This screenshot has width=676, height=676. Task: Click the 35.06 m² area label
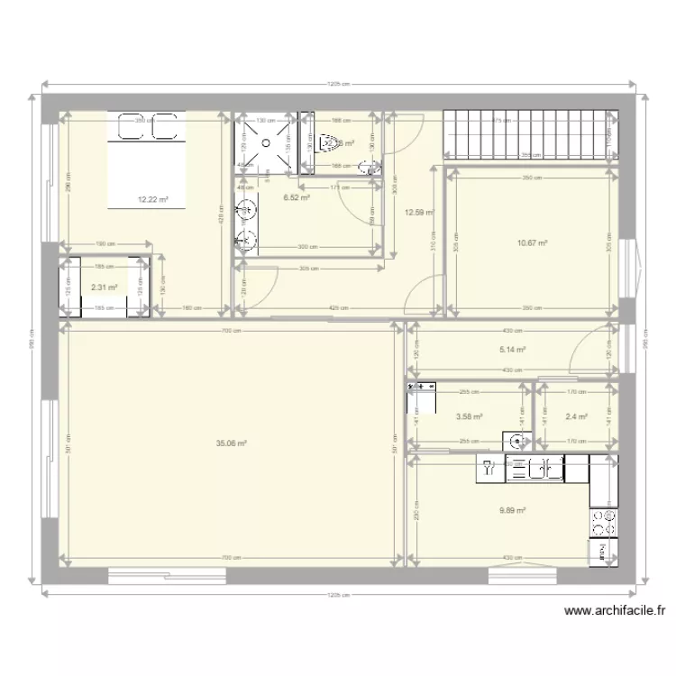[x=232, y=443]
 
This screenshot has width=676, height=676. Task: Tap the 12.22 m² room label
[x=153, y=200]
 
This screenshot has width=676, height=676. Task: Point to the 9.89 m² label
[x=512, y=510]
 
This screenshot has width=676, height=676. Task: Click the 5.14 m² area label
[x=512, y=352]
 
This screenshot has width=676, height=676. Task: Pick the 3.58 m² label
[x=469, y=416]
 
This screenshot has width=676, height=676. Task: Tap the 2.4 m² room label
[x=576, y=416]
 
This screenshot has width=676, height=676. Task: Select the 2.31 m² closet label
[x=105, y=288]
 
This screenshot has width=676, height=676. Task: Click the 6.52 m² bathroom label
[x=297, y=198]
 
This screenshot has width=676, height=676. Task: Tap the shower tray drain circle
[x=265, y=142]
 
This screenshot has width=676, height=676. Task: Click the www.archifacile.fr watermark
[x=617, y=610]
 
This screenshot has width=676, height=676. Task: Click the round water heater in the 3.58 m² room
[x=516, y=440]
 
